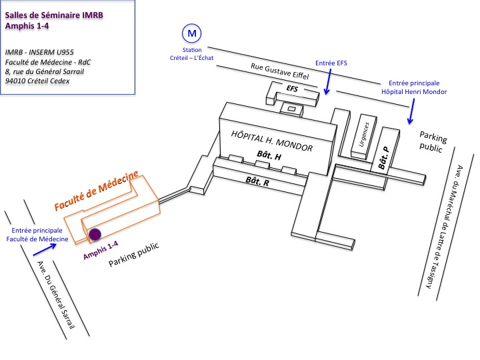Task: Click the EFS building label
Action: pyautogui.click(x=293, y=87)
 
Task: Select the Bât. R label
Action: pyautogui.click(x=257, y=181)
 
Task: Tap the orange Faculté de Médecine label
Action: pyautogui.click(x=97, y=190)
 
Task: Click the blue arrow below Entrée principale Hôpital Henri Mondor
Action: pyautogui.click(x=414, y=110)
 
